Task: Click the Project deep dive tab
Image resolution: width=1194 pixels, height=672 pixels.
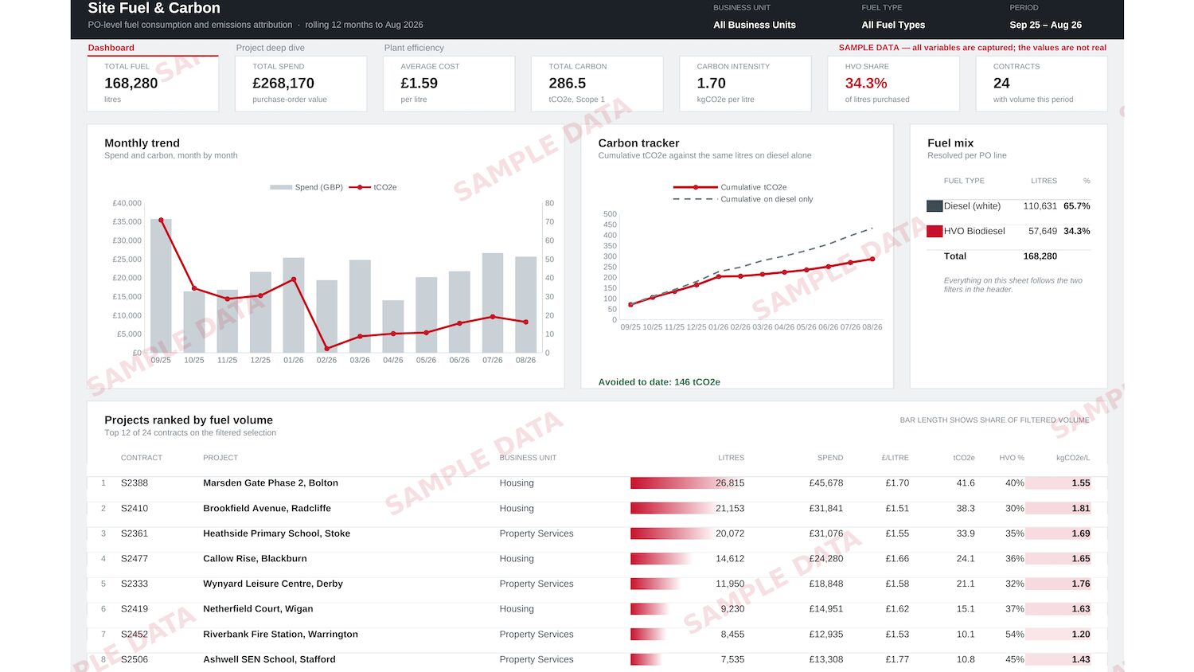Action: pos(271,48)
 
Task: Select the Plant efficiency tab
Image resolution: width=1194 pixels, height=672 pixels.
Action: pos(414,48)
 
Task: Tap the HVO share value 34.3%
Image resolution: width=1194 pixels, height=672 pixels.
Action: pos(866,83)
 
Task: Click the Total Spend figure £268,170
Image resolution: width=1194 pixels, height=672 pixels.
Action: pos(283,83)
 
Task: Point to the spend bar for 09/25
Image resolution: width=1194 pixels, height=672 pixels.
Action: pos(161,286)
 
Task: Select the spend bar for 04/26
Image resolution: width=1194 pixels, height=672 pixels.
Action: pos(393,326)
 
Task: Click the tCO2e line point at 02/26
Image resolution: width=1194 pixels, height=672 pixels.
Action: pos(326,349)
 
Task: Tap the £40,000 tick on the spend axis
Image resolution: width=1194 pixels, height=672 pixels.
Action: pos(127,203)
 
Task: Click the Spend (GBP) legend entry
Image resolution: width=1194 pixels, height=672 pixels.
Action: pos(306,187)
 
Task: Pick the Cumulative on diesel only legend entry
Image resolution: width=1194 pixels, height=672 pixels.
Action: pos(743,199)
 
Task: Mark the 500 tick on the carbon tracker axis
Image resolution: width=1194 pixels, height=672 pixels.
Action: pos(610,214)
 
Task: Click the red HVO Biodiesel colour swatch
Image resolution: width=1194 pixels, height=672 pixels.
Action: pos(935,231)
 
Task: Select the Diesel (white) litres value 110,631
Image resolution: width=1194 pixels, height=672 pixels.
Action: pos(1040,206)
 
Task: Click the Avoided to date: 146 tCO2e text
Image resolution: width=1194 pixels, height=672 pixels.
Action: pos(659,382)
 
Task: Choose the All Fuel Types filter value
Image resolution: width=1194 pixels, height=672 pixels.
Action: pos(893,25)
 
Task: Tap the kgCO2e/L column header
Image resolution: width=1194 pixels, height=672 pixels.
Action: pos(1073,458)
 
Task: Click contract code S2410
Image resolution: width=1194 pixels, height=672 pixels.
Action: pos(135,508)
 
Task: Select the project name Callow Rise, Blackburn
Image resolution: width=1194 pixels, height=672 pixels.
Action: pos(255,558)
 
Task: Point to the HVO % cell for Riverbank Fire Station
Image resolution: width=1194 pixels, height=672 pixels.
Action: pos(1014,634)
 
